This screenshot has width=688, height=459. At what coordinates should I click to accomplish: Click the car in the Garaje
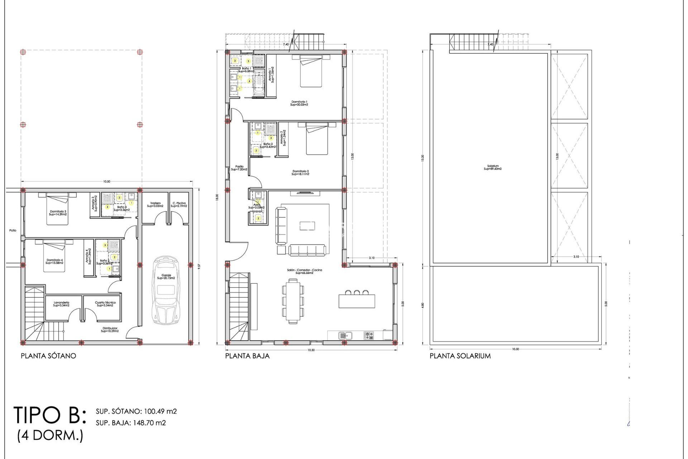click(166, 290)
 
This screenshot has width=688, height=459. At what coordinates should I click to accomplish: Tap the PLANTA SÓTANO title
click(48, 356)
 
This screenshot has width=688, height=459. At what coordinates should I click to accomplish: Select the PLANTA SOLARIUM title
click(460, 356)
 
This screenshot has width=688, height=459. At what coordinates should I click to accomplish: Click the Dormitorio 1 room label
click(299, 103)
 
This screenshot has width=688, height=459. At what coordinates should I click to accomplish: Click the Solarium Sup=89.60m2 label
click(493, 167)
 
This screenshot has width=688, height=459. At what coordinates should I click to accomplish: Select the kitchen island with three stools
click(357, 301)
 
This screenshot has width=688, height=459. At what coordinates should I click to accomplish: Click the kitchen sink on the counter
click(345, 336)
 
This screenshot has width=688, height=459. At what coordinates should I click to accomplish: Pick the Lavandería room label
click(61, 304)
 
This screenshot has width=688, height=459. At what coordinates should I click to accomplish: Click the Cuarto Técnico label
click(105, 304)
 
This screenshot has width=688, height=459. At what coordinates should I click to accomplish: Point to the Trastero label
click(155, 204)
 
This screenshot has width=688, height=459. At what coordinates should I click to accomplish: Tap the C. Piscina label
click(179, 204)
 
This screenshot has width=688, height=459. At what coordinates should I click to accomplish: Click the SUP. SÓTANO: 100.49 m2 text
click(136, 411)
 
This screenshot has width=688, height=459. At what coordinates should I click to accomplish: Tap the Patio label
click(13, 231)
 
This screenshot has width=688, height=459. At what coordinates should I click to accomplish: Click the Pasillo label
click(239, 168)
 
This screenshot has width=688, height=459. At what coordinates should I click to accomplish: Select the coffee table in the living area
click(307, 226)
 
